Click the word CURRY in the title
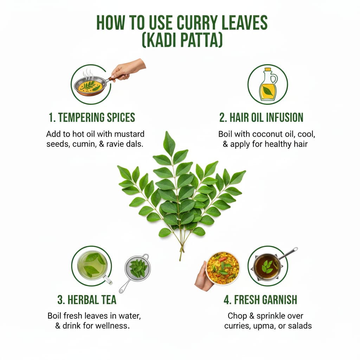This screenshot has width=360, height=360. point(197,23)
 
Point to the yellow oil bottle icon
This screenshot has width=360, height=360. point(268,84)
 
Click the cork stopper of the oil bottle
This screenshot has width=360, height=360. point(268,69)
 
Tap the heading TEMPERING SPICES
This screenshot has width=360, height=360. point(92,117)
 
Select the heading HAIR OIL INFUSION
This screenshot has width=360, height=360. point(261,117)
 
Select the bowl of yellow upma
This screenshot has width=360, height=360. point(223,268)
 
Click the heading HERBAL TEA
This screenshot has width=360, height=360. point(87,300)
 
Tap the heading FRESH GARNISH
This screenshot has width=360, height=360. point(261,300)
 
